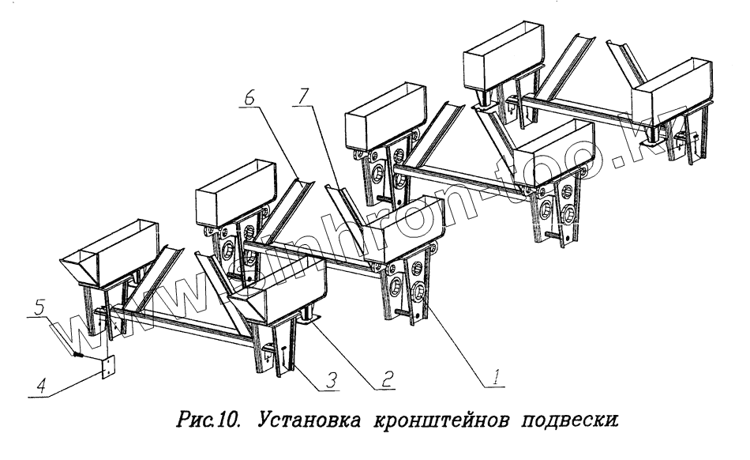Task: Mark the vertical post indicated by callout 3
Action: click(286, 360)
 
